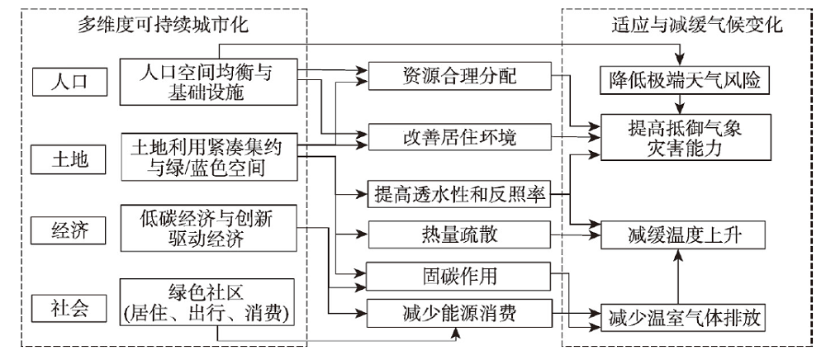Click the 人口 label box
(x=69, y=82)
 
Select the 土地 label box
(x=69, y=159)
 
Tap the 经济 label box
(x=69, y=230)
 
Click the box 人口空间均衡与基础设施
(x=209, y=82)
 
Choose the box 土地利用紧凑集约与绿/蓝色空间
(x=209, y=158)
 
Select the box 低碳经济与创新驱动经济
(x=209, y=228)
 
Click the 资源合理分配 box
(x=459, y=76)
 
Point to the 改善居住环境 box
(x=459, y=137)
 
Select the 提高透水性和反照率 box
(x=459, y=195)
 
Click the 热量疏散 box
(x=459, y=234)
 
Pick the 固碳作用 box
(x=459, y=276)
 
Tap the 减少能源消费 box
(x=459, y=313)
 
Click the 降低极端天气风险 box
(x=682, y=81)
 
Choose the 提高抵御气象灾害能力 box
(x=682, y=137)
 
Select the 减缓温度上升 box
(x=682, y=234)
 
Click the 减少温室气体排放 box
(x=682, y=317)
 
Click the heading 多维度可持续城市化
(x=163, y=26)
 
